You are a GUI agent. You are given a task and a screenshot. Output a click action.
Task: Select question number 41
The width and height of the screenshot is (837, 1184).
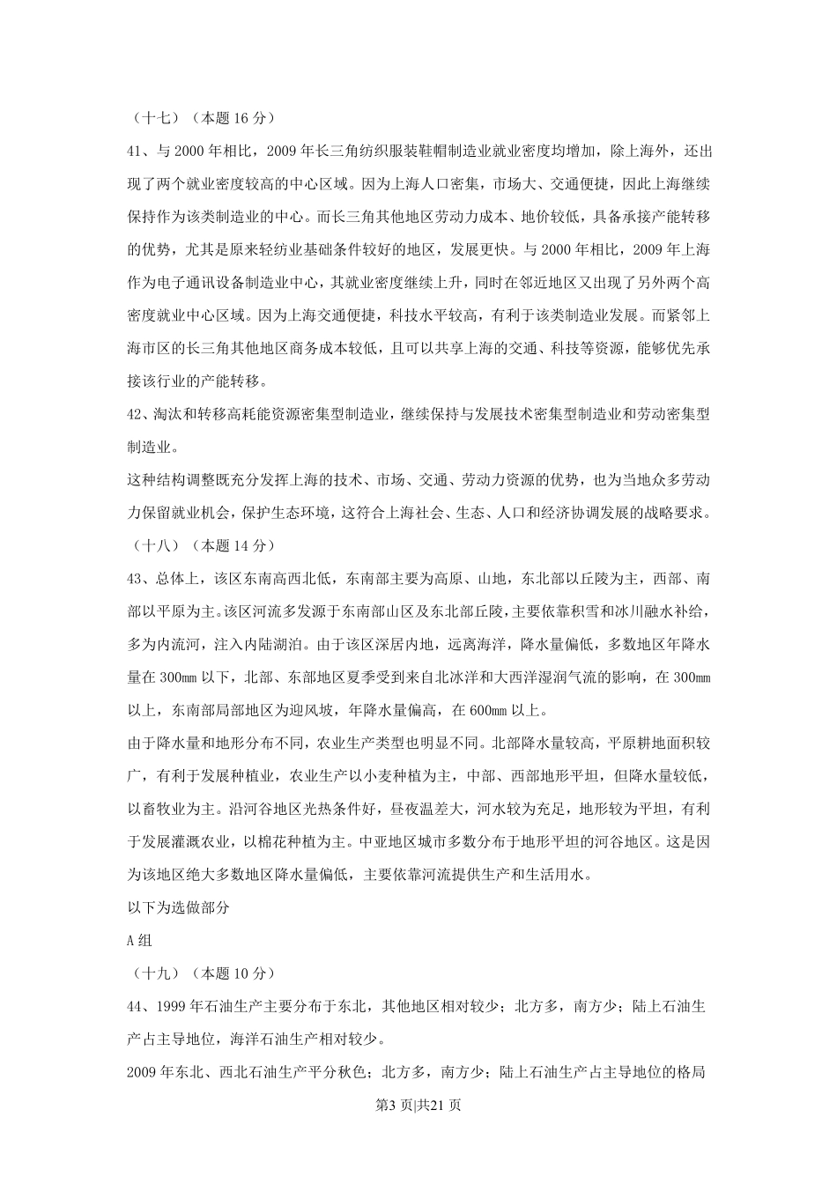(136, 151)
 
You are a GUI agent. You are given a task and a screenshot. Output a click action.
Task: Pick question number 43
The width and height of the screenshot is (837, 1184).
(136, 579)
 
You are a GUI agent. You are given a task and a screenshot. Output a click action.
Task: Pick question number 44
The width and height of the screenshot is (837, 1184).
(136, 1007)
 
